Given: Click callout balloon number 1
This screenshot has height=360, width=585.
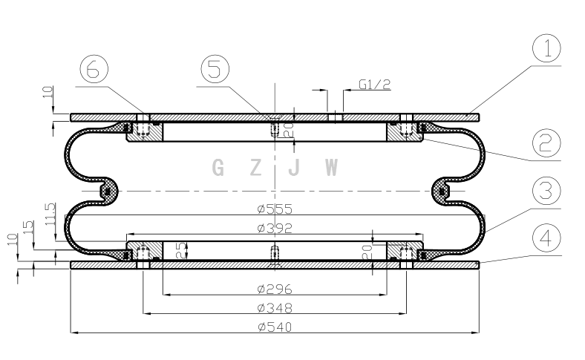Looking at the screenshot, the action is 546,48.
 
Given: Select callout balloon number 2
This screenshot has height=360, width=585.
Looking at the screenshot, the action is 546,143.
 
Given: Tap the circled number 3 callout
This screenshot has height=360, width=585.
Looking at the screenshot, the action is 546,191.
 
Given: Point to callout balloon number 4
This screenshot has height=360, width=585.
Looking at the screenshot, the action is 546,238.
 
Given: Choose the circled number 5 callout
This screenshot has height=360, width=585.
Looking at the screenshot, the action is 215,69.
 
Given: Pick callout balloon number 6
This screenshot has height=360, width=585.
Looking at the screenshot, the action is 94,69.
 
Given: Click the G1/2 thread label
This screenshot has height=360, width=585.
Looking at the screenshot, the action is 375,85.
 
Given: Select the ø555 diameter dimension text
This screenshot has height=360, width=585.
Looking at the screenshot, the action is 275,209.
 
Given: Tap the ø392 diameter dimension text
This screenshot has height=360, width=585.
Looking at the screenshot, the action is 275,228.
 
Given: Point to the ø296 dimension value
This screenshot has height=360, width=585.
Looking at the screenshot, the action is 275,289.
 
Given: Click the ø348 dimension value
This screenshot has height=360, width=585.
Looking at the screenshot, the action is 275,308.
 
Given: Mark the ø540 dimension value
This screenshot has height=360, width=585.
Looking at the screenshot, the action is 275,327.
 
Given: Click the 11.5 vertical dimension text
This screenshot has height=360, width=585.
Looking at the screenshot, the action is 50,214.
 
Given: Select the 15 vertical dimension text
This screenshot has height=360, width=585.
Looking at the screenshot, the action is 28,227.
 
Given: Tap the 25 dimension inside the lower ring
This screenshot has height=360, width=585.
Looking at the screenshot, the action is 181,250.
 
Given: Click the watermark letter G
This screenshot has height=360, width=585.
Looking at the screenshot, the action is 218,168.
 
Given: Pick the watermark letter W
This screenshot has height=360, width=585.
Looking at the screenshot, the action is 331,168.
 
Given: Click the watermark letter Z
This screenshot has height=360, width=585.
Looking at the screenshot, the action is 255,168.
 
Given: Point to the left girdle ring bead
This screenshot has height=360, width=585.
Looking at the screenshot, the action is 108,192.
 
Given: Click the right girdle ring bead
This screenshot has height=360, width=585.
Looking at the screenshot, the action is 442,192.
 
